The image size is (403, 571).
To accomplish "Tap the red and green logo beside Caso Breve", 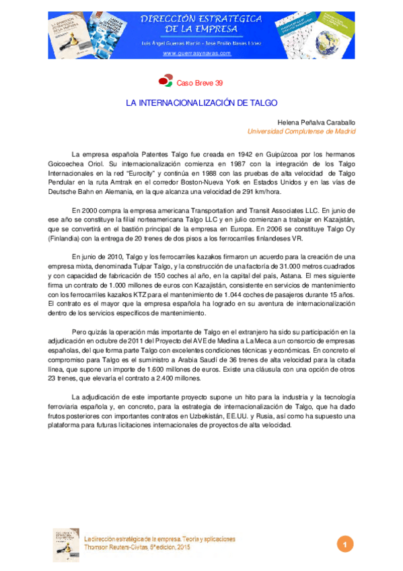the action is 166,82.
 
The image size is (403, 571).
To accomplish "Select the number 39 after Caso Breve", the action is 218,83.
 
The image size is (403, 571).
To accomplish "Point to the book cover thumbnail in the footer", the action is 66,544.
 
